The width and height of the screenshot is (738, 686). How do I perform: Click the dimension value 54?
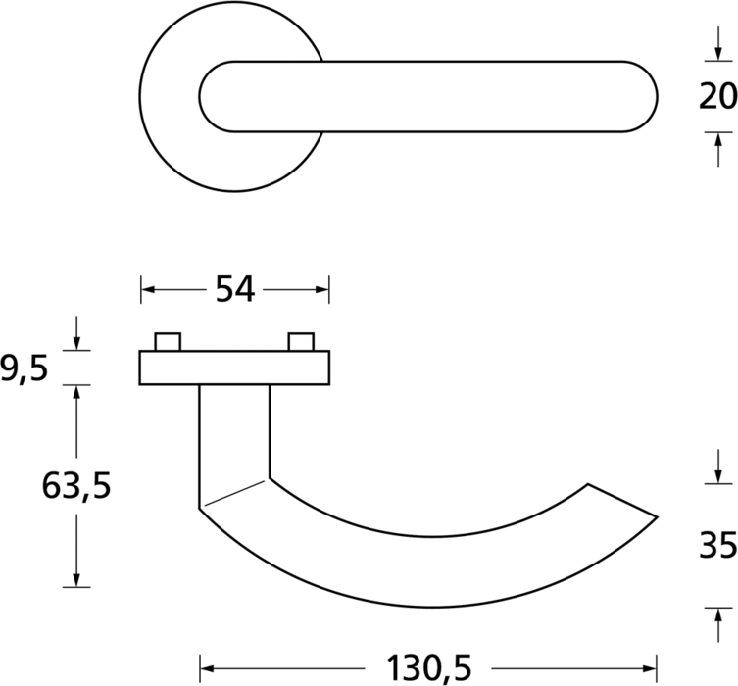point(235,289)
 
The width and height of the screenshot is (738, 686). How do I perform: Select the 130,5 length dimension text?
point(428,668)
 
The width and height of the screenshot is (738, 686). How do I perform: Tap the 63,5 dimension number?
point(76,485)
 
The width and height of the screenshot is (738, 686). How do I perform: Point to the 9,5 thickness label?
point(24,367)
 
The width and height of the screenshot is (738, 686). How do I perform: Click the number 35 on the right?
point(718,546)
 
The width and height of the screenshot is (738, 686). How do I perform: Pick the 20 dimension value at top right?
point(718,96)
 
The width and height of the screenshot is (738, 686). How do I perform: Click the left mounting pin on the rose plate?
point(168,342)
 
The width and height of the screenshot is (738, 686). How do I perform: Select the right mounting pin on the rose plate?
point(301,342)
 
